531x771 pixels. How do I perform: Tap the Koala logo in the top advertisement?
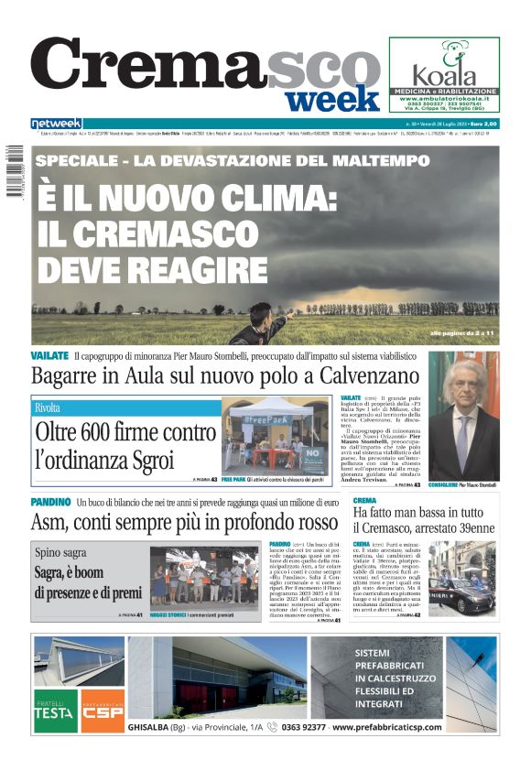(x=444, y=68)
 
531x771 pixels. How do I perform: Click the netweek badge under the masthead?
(x=56, y=123)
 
